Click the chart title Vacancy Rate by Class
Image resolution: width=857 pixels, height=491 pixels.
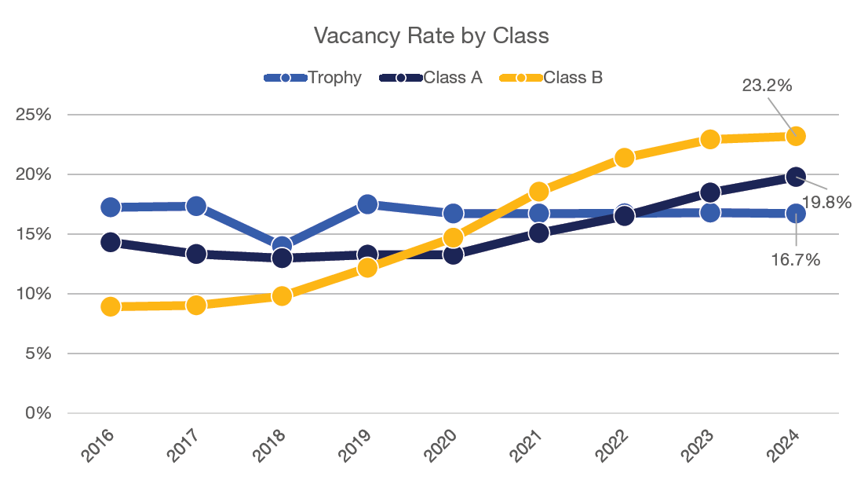431,36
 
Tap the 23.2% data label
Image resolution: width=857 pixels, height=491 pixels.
767,86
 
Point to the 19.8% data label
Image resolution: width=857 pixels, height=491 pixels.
826,203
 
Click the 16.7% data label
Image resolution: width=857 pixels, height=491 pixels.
796,259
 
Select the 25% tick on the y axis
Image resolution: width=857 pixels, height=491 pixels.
33,115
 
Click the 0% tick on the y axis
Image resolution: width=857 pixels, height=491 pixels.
38,413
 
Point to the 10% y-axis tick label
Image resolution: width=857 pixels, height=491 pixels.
33,294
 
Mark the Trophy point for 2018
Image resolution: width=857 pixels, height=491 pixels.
282,246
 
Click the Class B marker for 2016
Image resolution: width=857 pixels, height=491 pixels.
111,306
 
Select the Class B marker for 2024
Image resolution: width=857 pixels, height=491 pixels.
796,136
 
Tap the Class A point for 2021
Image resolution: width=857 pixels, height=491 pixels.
539,233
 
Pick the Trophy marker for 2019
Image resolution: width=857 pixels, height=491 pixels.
367,204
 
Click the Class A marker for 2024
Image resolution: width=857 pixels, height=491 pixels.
796,177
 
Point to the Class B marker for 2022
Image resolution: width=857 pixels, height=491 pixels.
625,158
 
